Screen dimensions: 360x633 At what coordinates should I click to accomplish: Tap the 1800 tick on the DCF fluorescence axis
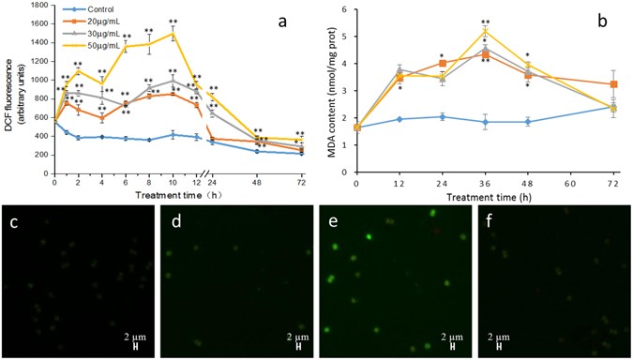[38, 7]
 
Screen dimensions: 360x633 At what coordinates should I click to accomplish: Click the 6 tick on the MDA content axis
[345, 9]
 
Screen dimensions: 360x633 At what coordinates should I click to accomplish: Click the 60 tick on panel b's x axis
[569, 186]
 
